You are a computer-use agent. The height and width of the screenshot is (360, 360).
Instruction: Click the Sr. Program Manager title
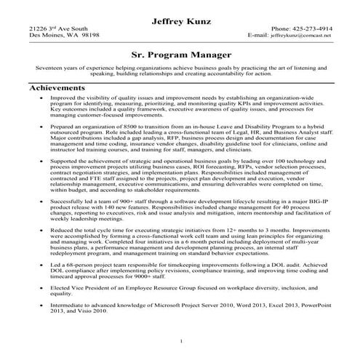[x=180, y=54]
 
